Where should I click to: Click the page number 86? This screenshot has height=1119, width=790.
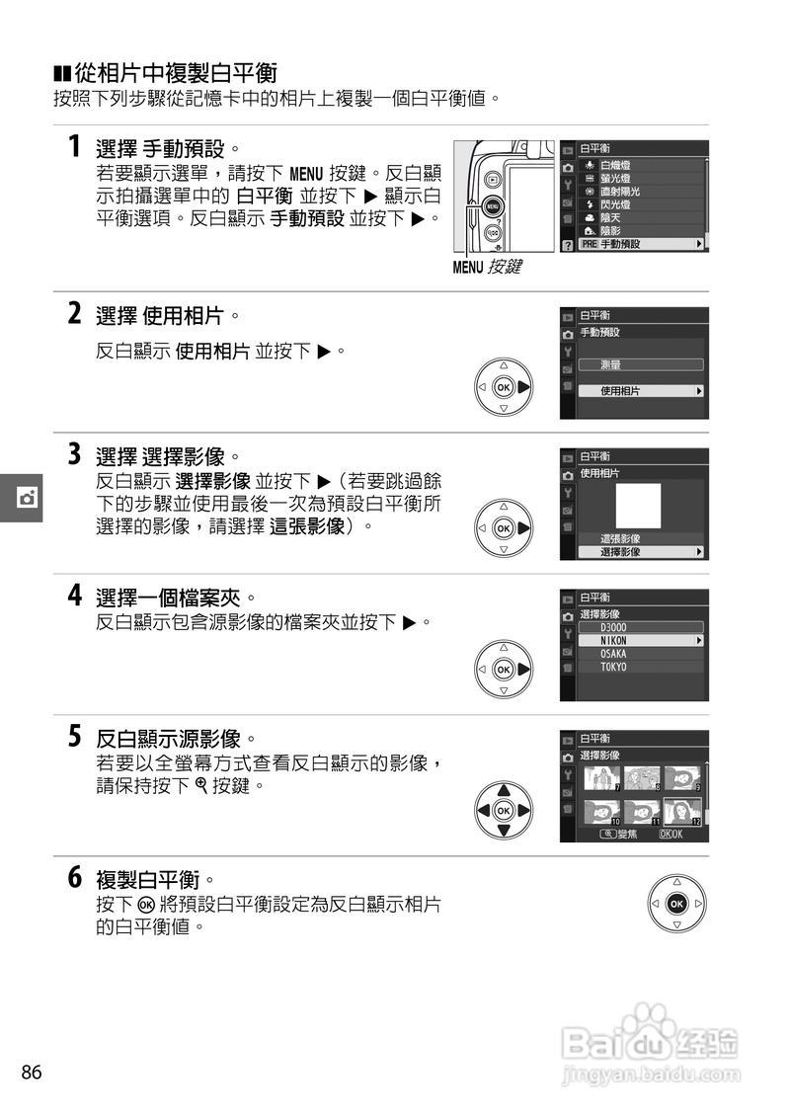tap(31, 1073)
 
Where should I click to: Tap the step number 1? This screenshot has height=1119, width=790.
tap(74, 147)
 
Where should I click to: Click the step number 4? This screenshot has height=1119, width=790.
tap(74, 596)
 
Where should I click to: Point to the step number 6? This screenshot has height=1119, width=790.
tap(74, 877)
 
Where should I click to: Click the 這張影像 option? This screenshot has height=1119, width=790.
tap(621, 538)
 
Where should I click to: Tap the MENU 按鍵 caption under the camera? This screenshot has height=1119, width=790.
tap(487, 267)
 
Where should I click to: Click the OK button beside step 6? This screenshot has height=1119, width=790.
tap(676, 904)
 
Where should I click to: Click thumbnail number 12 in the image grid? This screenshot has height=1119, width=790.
tap(682, 812)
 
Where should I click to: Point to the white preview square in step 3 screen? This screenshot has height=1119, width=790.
tap(638, 506)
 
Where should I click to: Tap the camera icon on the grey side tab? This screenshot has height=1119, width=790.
tap(27, 495)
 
